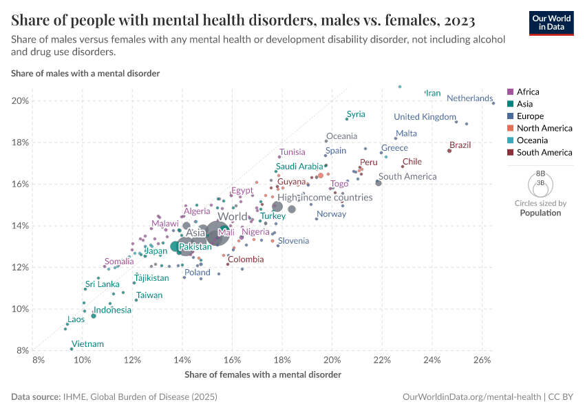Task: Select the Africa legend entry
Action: (528, 92)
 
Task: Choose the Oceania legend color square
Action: (510, 140)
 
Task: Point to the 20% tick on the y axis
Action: (21, 101)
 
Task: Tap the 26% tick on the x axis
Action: (482, 360)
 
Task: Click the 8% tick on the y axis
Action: (23, 350)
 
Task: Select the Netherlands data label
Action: (469, 98)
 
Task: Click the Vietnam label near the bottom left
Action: (87, 344)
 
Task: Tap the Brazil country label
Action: (460, 145)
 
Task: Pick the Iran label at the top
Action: (433, 93)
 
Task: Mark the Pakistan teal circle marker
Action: (175, 246)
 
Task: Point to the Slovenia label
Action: (293, 241)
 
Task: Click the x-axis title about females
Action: (263, 374)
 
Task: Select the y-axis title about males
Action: (85, 73)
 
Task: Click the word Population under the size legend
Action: (540, 213)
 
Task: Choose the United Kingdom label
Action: (425, 116)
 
